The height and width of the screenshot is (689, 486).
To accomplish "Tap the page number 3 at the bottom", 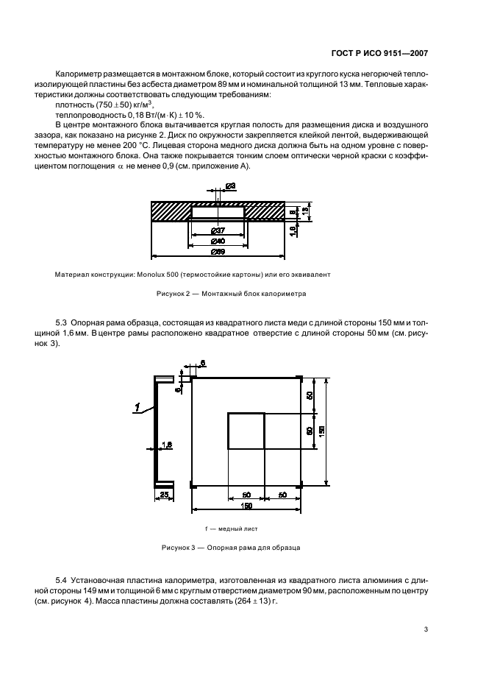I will click(426, 629).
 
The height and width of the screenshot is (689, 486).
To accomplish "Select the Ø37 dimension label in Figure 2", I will click(218, 231).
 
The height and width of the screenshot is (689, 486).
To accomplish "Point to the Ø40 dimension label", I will click(218, 241).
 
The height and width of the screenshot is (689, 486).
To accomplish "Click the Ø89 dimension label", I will click(218, 252).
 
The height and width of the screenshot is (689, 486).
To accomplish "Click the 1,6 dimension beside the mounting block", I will click(293, 229).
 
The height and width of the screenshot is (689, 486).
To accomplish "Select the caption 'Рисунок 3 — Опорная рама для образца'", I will click(231, 548).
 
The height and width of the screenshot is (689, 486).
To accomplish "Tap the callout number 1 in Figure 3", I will click(137, 405).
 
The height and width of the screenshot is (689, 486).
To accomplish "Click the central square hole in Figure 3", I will click(246, 431).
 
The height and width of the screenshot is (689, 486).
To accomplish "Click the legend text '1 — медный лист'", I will click(231, 529).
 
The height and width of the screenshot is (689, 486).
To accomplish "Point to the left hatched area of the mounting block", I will click(171, 211).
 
